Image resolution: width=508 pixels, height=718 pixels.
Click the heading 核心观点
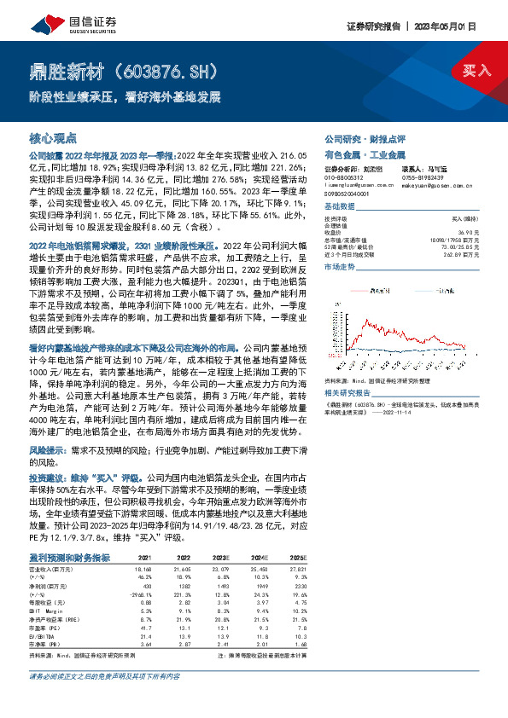[x=53, y=137]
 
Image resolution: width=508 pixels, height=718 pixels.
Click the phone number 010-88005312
[x=345, y=178]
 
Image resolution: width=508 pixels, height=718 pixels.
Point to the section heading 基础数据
[x=339, y=207]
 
